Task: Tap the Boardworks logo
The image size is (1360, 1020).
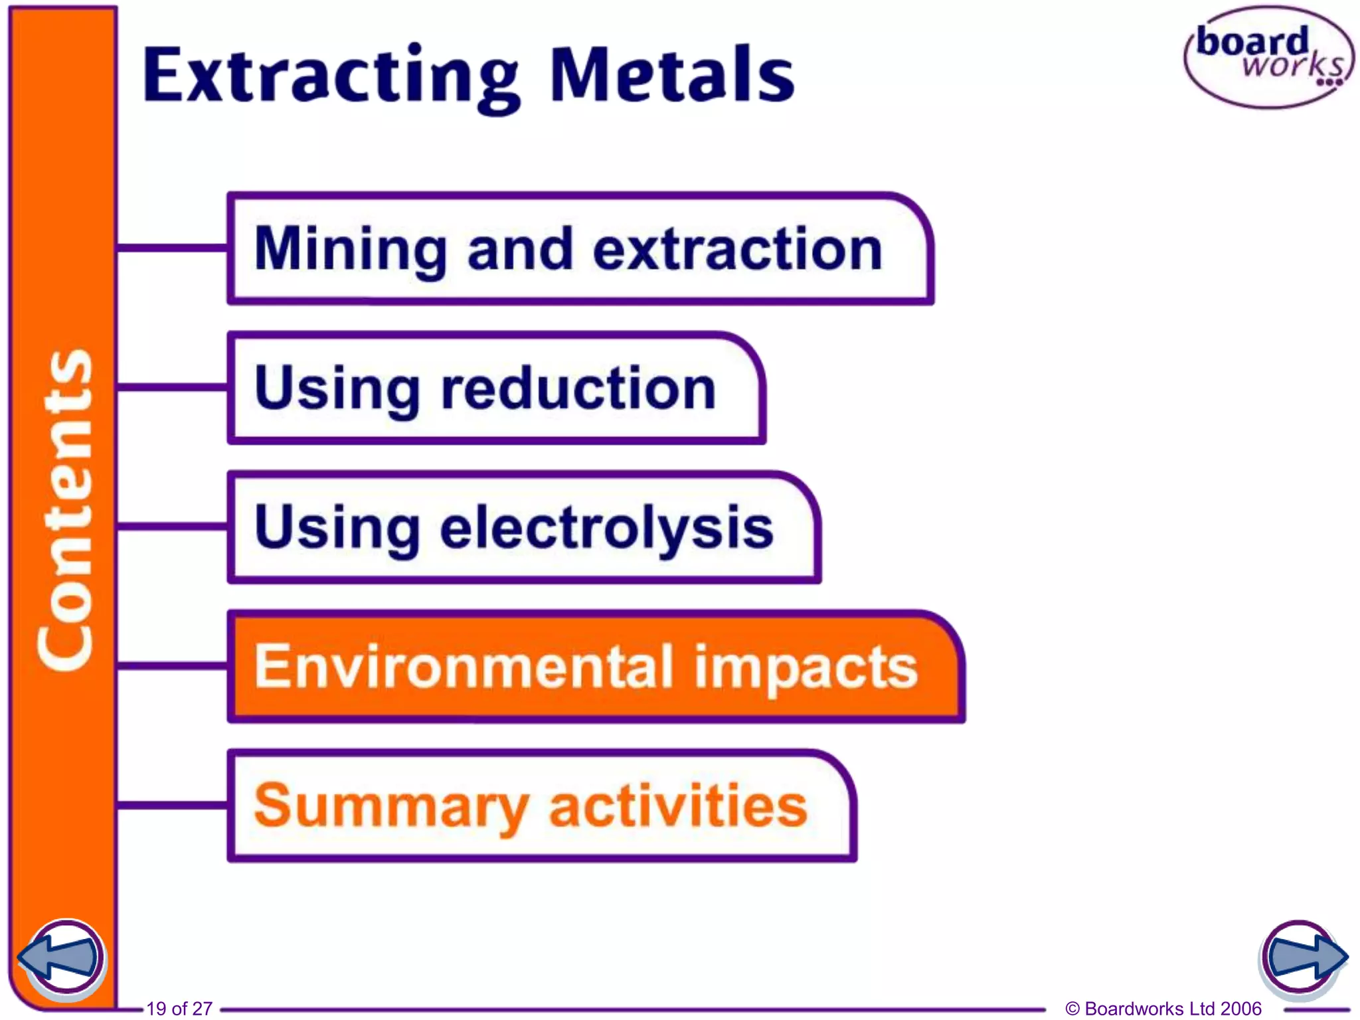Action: (1269, 57)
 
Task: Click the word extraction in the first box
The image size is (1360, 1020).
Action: (737, 250)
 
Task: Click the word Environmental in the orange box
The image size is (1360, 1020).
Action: (464, 667)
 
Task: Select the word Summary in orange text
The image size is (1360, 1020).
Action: (391, 806)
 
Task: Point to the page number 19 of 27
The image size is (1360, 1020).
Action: (179, 1008)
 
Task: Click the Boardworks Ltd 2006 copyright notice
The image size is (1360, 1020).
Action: (1163, 1008)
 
